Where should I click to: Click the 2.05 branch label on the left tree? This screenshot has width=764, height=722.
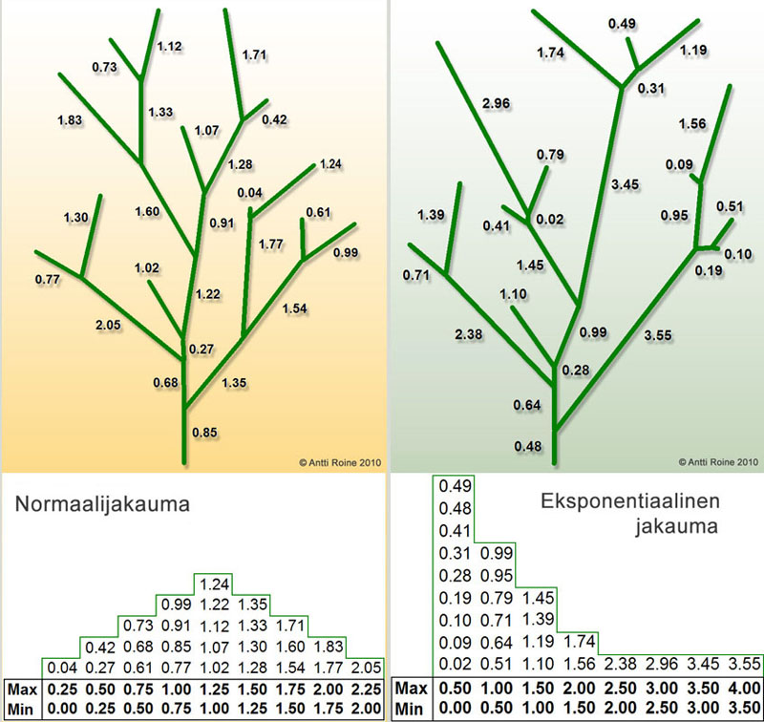click(x=109, y=325)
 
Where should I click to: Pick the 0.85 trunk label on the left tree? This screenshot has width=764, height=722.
click(x=204, y=432)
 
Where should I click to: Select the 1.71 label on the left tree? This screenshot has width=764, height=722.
click(x=254, y=54)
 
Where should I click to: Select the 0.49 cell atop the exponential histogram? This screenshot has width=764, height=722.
click(x=453, y=486)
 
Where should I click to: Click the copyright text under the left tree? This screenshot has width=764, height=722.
click(x=339, y=461)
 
